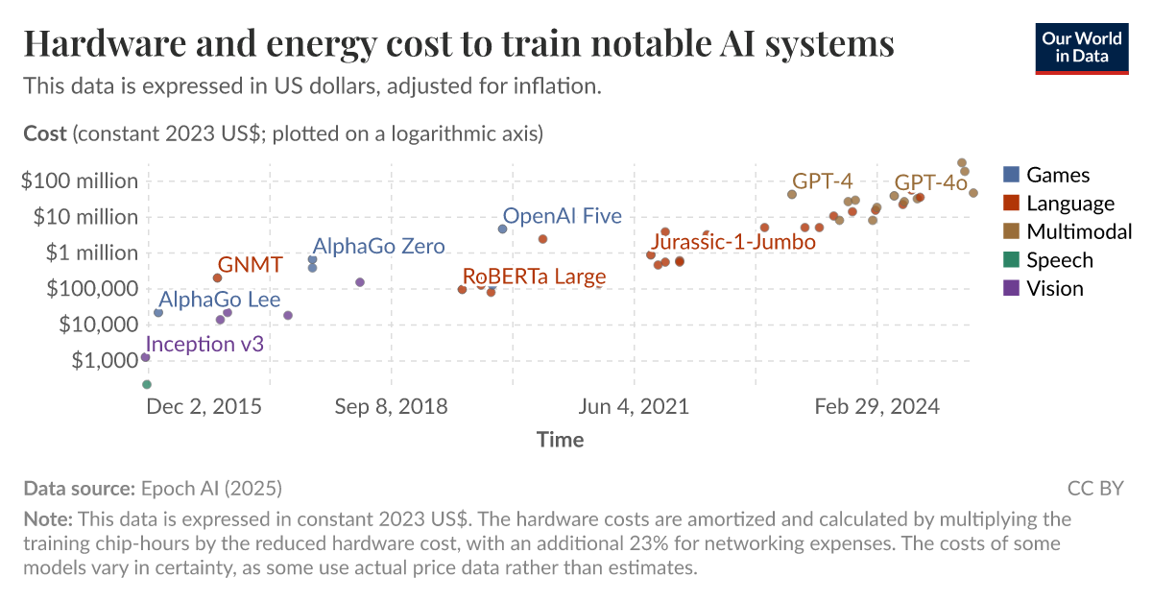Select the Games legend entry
coord(1057,175)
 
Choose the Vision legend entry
coord(1054,288)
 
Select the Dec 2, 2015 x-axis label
coord(204,406)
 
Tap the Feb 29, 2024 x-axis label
coord(876,406)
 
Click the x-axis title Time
coord(560,440)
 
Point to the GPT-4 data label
coord(822,181)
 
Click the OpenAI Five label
coord(563,217)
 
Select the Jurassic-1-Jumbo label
coord(733,242)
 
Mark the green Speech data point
coord(147,384)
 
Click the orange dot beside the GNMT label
coord(217,278)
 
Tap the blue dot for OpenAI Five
coord(502,229)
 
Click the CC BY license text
coord(1095,489)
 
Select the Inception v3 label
coord(204,345)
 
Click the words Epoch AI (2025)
coord(211,489)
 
